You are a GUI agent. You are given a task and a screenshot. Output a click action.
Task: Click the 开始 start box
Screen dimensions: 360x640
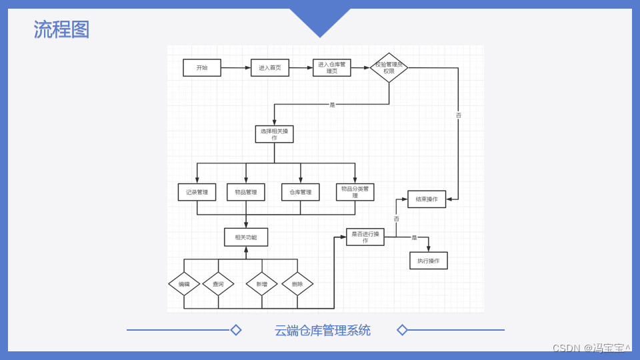click(x=201, y=67)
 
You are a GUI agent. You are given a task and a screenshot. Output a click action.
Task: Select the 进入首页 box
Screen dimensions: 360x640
click(x=270, y=67)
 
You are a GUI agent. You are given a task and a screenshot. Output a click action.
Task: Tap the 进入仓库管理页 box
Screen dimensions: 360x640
click(x=331, y=67)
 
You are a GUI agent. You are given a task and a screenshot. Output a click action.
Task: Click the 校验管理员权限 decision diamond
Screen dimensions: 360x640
click(x=389, y=67)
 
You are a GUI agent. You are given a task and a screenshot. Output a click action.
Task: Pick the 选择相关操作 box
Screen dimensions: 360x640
click(x=274, y=134)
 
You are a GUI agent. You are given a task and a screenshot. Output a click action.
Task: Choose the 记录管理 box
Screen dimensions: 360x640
click(x=197, y=192)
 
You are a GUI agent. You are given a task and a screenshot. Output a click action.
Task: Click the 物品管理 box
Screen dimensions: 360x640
click(x=246, y=192)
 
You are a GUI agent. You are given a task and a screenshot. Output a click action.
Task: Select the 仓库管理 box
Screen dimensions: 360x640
click(x=301, y=192)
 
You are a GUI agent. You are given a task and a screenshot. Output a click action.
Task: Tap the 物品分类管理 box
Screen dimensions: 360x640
click(x=355, y=192)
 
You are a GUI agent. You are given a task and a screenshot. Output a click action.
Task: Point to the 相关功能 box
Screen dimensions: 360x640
click(x=246, y=237)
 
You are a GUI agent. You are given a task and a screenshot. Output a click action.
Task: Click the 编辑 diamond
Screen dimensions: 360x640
click(x=184, y=284)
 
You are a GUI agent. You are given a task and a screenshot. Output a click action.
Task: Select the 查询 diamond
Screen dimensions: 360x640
click(x=218, y=284)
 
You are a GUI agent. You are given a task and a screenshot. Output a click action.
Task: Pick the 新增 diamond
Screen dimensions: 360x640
click(x=261, y=284)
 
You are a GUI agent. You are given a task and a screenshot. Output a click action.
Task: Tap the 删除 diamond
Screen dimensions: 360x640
click(x=297, y=284)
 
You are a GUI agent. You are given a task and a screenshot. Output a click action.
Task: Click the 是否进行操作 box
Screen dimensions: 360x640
click(x=365, y=237)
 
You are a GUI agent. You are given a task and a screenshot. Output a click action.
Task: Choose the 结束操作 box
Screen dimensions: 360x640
click(x=427, y=199)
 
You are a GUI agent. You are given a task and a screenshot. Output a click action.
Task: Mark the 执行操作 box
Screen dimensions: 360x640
click(x=428, y=261)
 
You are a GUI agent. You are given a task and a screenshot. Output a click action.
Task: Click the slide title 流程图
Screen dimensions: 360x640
click(x=61, y=29)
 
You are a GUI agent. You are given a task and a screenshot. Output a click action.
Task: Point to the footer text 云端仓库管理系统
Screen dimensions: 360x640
click(x=323, y=330)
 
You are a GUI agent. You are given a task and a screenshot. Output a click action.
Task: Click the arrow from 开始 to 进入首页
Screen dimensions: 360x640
click(x=235, y=67)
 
